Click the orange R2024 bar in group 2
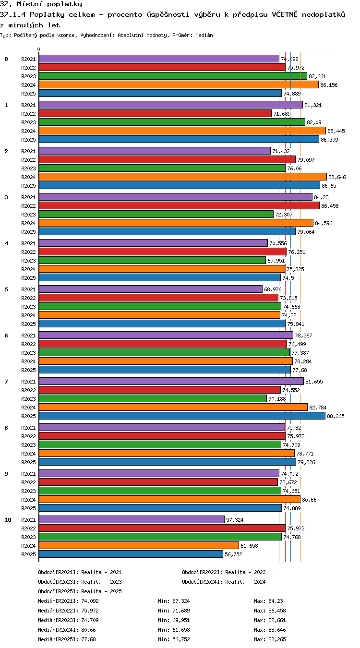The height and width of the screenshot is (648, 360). (183, 177)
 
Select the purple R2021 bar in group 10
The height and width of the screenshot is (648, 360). (132, 519)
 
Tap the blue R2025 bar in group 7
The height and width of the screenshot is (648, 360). (182, 416)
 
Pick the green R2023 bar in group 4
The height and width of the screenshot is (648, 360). (152, 260)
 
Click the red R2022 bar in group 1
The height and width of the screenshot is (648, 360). (155, 114)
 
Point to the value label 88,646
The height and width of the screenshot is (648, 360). (337, 177)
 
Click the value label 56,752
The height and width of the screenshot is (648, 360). (233, 554)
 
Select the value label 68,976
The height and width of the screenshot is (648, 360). (273, 289)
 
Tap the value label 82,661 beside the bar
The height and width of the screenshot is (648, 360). (317, 76)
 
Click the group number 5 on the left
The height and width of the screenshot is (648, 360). (6, 289)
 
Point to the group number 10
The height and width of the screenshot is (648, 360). (8, 520)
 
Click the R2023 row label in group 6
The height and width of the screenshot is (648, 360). (28, 353)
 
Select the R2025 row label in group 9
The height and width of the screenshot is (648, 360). (28, 508)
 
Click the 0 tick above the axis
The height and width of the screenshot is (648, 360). (39, 50)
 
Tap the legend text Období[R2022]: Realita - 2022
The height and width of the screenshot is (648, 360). (224, 572)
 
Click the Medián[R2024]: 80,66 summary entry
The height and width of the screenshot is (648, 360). (67, 630)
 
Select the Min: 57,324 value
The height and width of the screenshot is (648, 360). (174, 601)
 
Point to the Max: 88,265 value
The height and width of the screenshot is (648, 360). (270, 639)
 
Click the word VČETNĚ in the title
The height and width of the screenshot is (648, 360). (285, 14)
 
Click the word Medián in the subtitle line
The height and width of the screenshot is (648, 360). (204, 36)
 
